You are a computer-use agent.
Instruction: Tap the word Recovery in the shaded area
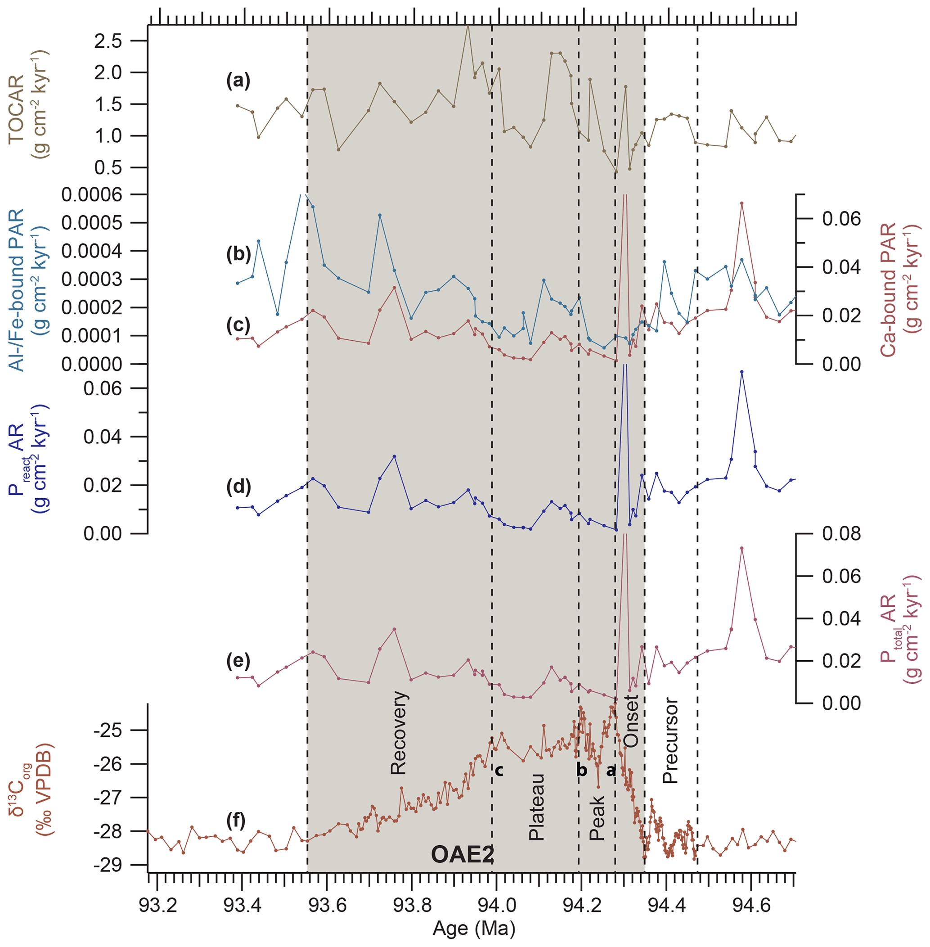(x=399, y=733)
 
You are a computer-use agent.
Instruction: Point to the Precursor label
(x=670, y=741)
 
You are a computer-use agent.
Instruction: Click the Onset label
(x=631, y=721)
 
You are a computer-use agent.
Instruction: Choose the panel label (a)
(x=238, y=80)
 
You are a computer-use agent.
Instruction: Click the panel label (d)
(x=238, y=487)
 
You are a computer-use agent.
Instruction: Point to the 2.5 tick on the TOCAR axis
(x=108, y=41)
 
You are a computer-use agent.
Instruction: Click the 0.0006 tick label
(x=92, y=194)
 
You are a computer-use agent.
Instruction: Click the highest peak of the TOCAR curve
(x=467, y=25)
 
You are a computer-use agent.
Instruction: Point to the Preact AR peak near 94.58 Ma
(x=741, y=372)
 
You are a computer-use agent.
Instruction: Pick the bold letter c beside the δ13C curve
(x=499, y=771)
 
